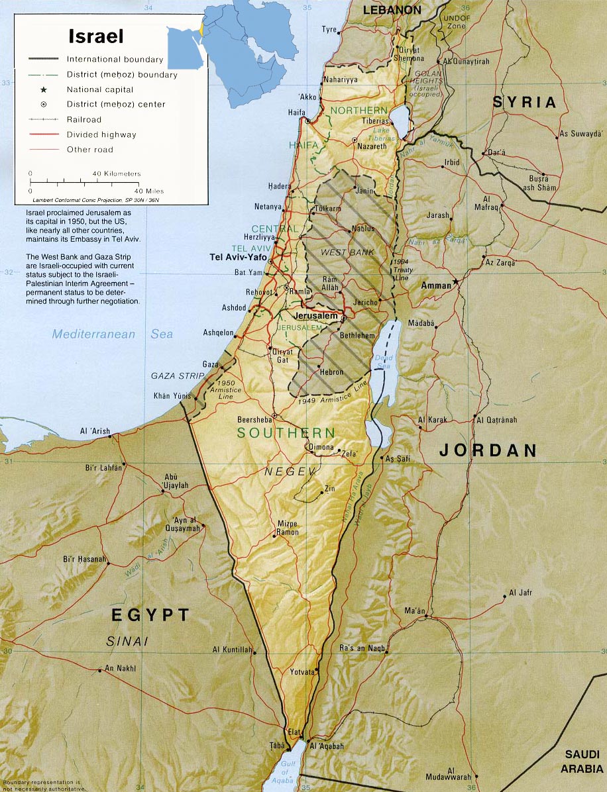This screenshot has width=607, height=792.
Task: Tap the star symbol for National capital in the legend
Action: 43,89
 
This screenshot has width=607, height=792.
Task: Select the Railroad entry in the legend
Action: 84,120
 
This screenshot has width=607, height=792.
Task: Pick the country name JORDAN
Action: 488,451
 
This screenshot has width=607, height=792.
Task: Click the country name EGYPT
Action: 150,615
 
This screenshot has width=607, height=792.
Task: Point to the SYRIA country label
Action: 524,103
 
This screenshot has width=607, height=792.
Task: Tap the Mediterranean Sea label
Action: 113,334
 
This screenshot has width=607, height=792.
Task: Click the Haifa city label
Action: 297,113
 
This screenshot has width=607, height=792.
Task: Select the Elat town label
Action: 294,732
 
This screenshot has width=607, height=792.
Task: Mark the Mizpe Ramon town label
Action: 288,527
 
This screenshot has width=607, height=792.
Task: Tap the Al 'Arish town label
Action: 95,431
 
